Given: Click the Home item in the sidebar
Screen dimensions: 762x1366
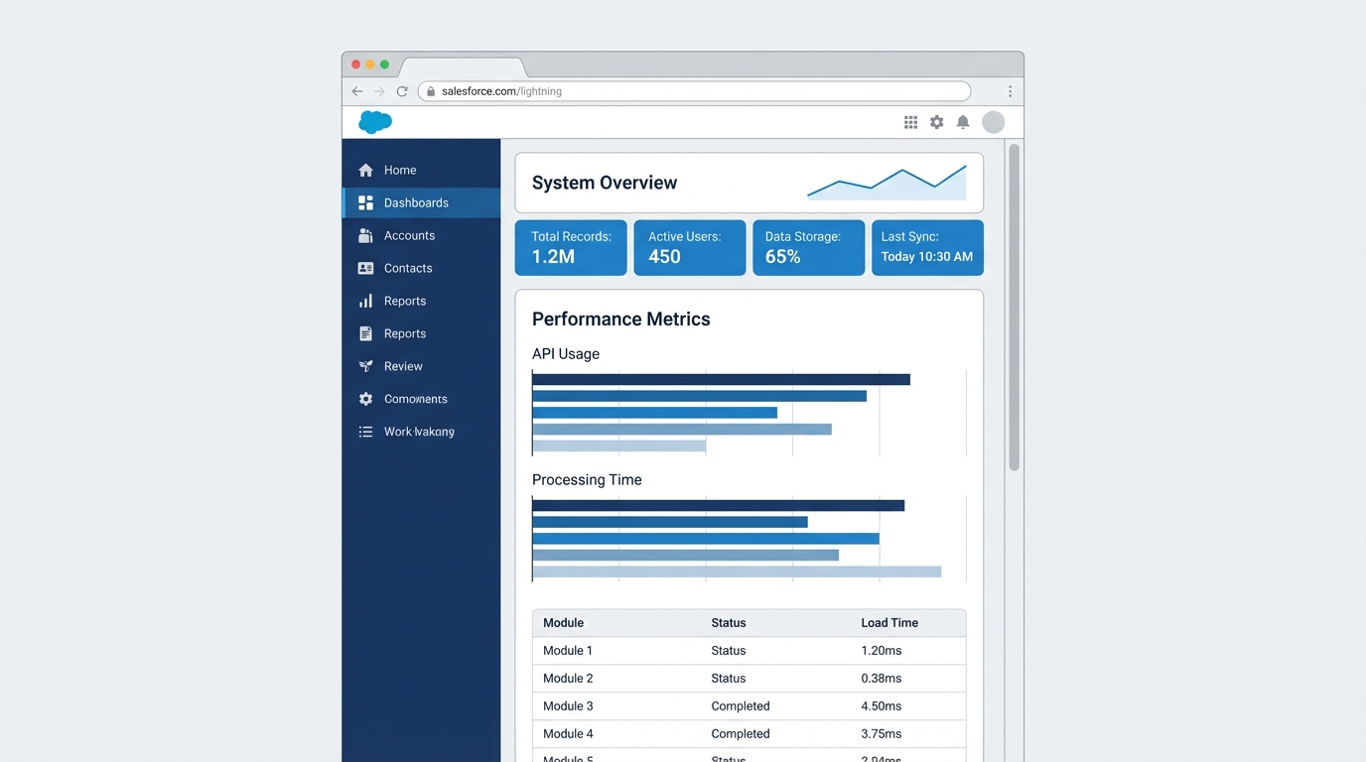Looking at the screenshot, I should coord(399,170).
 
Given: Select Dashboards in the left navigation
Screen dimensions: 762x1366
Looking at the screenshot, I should coord(415,202).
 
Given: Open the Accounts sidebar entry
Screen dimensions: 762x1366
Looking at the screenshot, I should coord(409,235).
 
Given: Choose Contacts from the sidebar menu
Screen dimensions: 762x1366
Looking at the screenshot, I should coord(407,268).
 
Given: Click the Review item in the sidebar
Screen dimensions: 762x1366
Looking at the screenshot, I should coord(403,366).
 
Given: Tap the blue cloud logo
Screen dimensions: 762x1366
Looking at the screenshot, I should coord(375,122).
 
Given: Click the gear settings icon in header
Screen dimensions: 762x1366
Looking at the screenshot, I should coord(936,122).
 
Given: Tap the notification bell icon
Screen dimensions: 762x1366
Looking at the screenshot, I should coord(962,122).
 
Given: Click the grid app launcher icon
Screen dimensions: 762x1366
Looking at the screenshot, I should coord(910,122).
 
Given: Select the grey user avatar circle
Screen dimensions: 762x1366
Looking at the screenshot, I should coord(993,122).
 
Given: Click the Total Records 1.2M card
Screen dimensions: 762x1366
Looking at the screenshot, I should coord(571,247).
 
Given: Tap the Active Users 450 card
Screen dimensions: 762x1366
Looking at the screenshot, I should coord(689,247).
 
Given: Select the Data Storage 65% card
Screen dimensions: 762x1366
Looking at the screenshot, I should coord(808,247).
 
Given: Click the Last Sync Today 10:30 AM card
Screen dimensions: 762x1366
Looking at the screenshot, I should coord(927,247).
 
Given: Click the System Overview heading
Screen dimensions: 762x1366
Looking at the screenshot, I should coord(605,183).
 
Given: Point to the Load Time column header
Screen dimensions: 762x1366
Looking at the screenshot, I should coord(889,623).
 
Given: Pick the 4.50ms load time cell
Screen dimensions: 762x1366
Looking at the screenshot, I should coord(881,706).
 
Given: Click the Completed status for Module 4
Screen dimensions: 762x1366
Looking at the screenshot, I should coord(741,734).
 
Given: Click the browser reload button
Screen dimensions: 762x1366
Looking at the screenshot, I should coord(402,91).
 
